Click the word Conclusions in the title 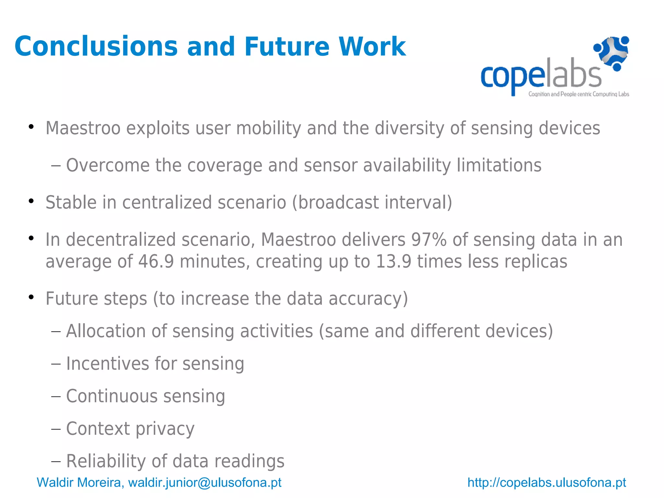tap(96, 47)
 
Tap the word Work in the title tap(372, 47)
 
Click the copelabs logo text tap(540, 76)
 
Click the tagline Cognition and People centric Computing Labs tap(579, 94)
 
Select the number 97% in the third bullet tap(429, 240)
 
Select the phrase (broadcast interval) tap(372, 203)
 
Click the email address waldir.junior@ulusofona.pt tap(205, 482)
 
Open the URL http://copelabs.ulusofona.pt tap(547, 482)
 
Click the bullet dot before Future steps tap(31, 297)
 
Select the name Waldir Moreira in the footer tap(79, 482)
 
